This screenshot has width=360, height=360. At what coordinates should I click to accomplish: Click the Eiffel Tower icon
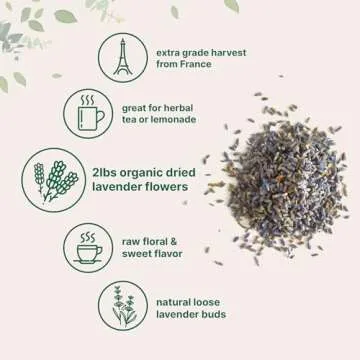click(x=122, y=58)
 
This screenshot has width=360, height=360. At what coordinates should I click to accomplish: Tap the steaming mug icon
click(x=88, y=113)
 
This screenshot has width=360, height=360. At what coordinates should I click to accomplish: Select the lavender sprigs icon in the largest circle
click(x=53, y=180)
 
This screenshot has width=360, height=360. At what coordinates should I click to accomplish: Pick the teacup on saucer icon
click(x=88, y=247)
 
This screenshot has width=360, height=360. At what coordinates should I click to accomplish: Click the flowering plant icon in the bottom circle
click(x=123, y=305)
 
